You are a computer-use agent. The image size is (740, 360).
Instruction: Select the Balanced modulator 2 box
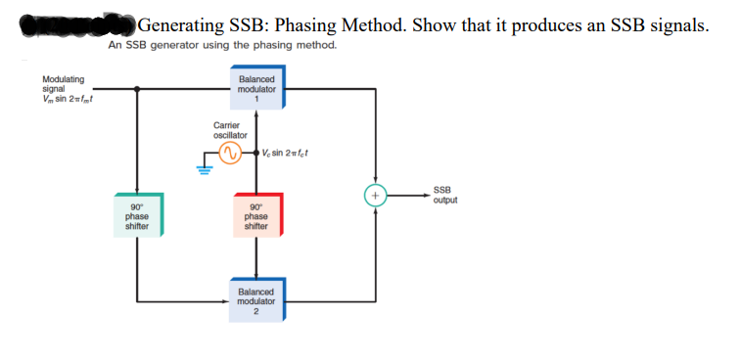[x=256, y=301]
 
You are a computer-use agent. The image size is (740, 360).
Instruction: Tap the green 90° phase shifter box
[x=137, y=216]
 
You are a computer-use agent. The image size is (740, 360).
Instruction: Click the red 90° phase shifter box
[x=256, y=216]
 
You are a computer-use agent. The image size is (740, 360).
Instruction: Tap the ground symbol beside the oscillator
[x=206, y=169]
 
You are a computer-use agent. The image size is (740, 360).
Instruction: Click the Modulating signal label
[x=63, y=83]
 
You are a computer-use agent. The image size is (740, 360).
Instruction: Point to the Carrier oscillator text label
[x=230, y=130]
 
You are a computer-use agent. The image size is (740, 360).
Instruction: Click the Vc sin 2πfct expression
[x=285, y=154]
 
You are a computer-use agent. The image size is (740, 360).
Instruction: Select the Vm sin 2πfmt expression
[x=68, y=97]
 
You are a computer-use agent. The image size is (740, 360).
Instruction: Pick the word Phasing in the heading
[x=313, y=25]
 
